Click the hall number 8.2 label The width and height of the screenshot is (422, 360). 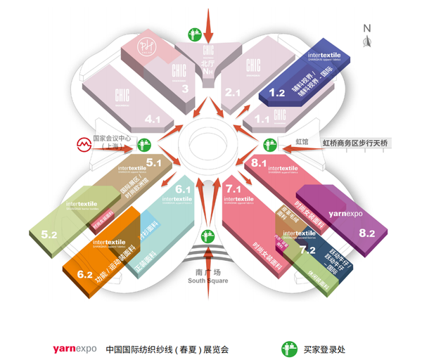[x=367, y=233]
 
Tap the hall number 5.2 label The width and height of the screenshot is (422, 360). [x=49, y=234]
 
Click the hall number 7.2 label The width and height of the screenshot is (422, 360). [x=307, y=249]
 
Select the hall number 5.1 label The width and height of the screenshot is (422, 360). [x=154, y=163]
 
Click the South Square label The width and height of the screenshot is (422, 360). [x=207, y=277]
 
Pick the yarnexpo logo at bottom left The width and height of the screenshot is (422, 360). [x=74, y=348]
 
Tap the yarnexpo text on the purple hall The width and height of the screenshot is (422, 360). [x=345, y=212]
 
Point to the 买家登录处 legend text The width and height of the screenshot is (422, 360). [x=325, y=348]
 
